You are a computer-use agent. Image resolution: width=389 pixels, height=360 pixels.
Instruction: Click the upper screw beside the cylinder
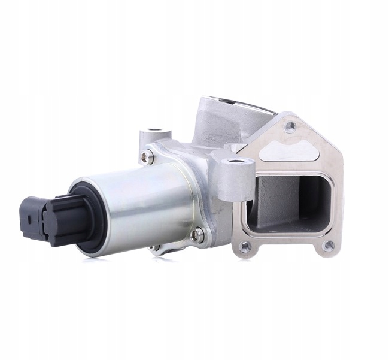146,157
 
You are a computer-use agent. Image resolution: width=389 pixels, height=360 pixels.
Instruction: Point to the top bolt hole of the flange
290,126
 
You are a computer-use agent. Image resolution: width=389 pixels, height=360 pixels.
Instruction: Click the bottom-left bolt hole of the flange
244,246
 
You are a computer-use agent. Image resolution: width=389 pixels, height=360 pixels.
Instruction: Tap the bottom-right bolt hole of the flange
328,244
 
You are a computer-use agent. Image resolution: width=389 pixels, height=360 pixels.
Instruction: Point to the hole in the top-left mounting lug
156,130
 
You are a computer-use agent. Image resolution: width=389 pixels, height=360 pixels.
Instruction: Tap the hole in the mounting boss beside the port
236,161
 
